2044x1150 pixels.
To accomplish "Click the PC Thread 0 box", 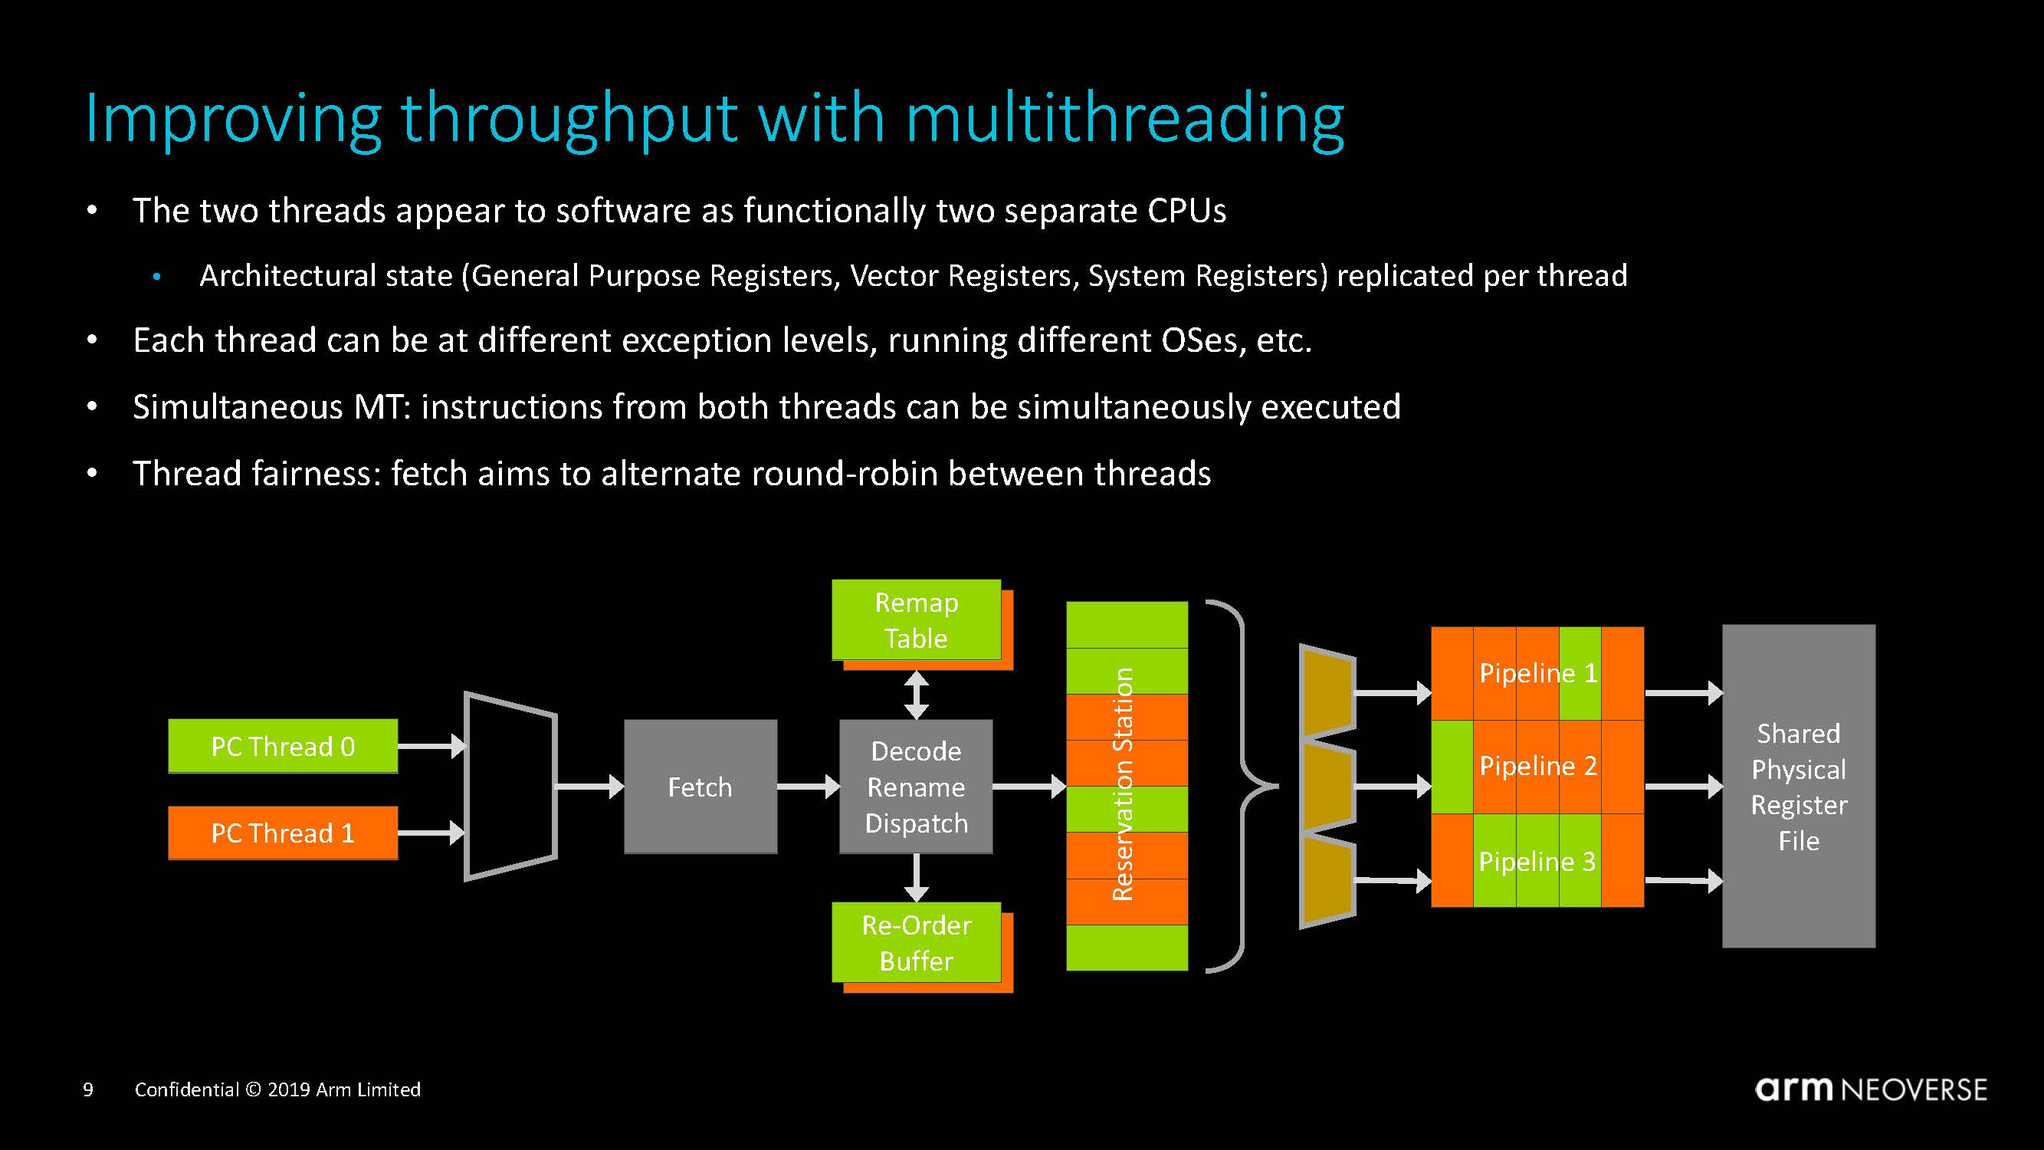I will pyautogui.click(x=283, y=746).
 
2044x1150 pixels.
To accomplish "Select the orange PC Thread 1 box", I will pyautogui.click(x=283, y=833).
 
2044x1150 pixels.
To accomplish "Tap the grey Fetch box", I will pyautogui.click(x=700, y=787).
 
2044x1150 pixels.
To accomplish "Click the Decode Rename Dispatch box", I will pyautogui.click(x=916, y=787).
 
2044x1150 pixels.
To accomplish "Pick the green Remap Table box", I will pyautogui.click(x=916, y=619).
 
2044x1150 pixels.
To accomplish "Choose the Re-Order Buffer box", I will pyautogui.click(x=916, y=943).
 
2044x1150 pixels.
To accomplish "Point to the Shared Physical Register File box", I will pyautogui.click(x=1798, y=786).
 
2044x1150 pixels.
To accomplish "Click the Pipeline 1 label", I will pyautogui.click(x=1537, y=673).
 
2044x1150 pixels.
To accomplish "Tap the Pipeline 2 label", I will pyautogui.click(x=1537, y=766).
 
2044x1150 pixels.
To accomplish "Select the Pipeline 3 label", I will pyautogui.click(x=1537, y=861).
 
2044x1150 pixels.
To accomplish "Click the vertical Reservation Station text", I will pyautogui.click(x=1123, y=784).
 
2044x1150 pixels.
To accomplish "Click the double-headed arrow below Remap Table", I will pyautogui.click(x=917, y=695).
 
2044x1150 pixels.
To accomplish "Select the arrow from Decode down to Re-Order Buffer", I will pyautogui.click(x=917, y=878).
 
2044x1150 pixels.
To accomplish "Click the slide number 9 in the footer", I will pyautogui.click(x=88, y=1089).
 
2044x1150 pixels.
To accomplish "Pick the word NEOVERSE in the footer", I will pyautogui.click(x=1914, y=1089).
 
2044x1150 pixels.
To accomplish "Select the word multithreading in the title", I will pyautogui.click(x=1124, y=119).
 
